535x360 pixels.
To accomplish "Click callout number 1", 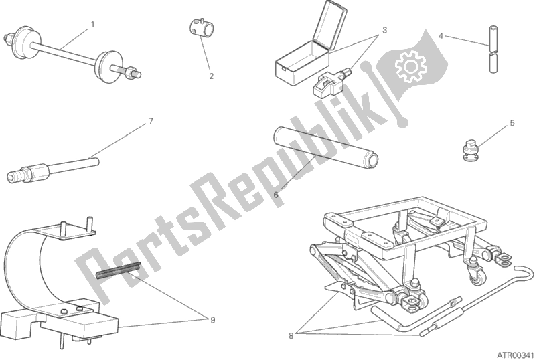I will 92,24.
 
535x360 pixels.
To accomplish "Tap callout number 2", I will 211,76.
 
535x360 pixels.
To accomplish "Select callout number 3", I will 385,31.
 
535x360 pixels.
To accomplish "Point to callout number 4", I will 441,35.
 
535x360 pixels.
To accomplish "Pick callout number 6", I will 276,194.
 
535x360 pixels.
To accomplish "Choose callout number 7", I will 151,121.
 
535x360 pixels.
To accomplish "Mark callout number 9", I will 212,319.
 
